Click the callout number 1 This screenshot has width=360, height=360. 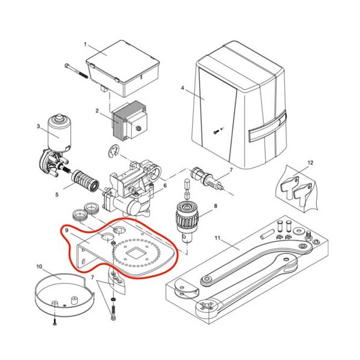click(85, 44)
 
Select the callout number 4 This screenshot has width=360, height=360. click(182, 88)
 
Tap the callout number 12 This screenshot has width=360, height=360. click(310, 163)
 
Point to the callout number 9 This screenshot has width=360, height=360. click(67, 230)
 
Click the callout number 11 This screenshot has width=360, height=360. click(217, 238)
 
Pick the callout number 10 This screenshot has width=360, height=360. click(39, 266)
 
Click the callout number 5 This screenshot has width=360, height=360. click(57, 194)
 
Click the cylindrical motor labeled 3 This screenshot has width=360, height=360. click(59, 133)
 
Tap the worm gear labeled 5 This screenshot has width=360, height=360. click(85, 180)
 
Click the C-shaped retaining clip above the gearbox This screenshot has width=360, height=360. click(113, 151)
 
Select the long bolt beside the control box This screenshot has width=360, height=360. click(76, 71)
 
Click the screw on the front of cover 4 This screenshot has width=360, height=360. click(215, 132)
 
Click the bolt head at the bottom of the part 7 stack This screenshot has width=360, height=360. click(113, 318)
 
